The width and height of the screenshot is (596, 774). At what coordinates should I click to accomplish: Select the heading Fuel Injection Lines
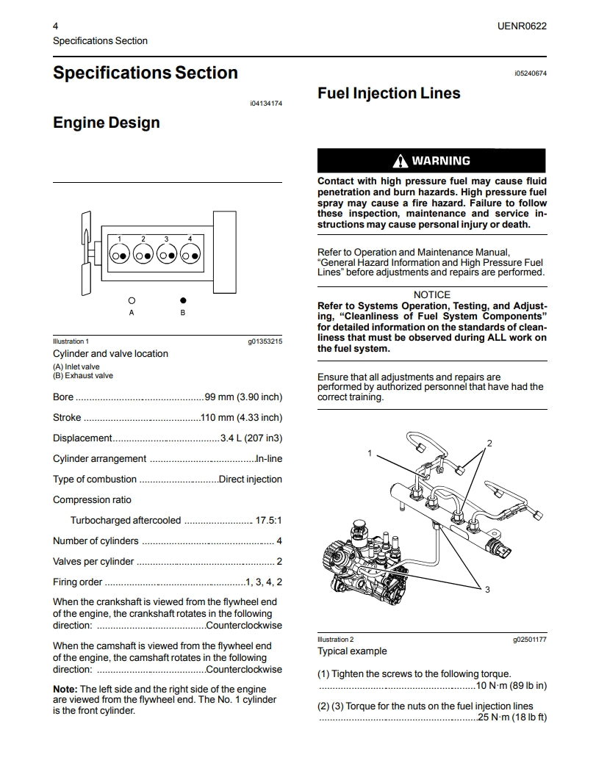coord(389,93)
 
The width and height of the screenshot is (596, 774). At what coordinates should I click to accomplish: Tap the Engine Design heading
coord(106,123)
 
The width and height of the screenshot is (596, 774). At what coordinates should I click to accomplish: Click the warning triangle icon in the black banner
coord(400,161)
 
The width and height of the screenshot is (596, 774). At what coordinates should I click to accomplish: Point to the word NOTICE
coord(432,294)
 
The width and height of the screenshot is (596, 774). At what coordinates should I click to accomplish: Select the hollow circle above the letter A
coord(132,300)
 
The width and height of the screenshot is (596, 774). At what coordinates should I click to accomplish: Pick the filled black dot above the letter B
coord(183,300)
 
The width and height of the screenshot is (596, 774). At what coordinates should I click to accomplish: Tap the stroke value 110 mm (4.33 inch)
coord(241,418)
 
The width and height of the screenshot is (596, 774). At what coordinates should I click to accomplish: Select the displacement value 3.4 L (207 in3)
coord(251,438)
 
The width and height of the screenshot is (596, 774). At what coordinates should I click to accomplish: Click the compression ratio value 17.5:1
coord(268,521)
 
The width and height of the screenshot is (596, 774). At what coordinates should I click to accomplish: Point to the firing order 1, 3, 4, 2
coord(264,582)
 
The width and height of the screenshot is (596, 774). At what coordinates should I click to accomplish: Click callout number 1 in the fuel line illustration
coord(370,453)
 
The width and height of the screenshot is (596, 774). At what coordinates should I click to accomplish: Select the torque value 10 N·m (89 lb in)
coord(511,686)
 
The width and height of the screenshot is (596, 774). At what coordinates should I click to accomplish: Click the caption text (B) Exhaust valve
coord(83,376)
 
